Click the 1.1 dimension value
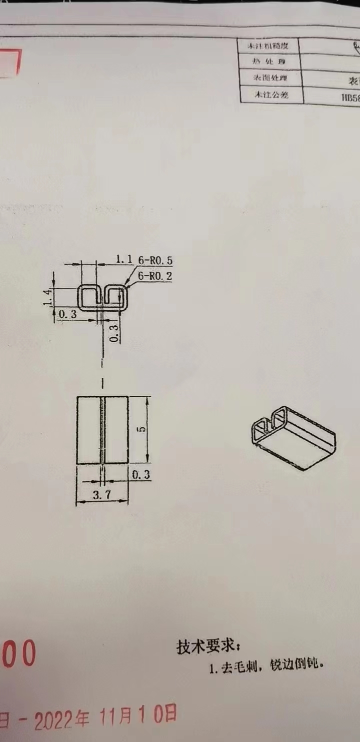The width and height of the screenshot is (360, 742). tap(123, 259)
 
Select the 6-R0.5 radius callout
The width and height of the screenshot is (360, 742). tap(154, 260)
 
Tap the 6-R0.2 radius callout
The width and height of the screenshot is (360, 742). tap(154, 275)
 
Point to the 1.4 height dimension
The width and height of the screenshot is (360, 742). tap(48, 297)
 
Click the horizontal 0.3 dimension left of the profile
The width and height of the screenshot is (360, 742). tap(67, 314)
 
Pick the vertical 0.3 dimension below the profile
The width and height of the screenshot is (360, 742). tap(114, 333)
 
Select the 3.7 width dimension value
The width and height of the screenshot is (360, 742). tap(102, 496)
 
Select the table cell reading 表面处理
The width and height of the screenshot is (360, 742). tap(270, 78)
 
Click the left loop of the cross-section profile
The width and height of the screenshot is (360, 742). tap(88, 298)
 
